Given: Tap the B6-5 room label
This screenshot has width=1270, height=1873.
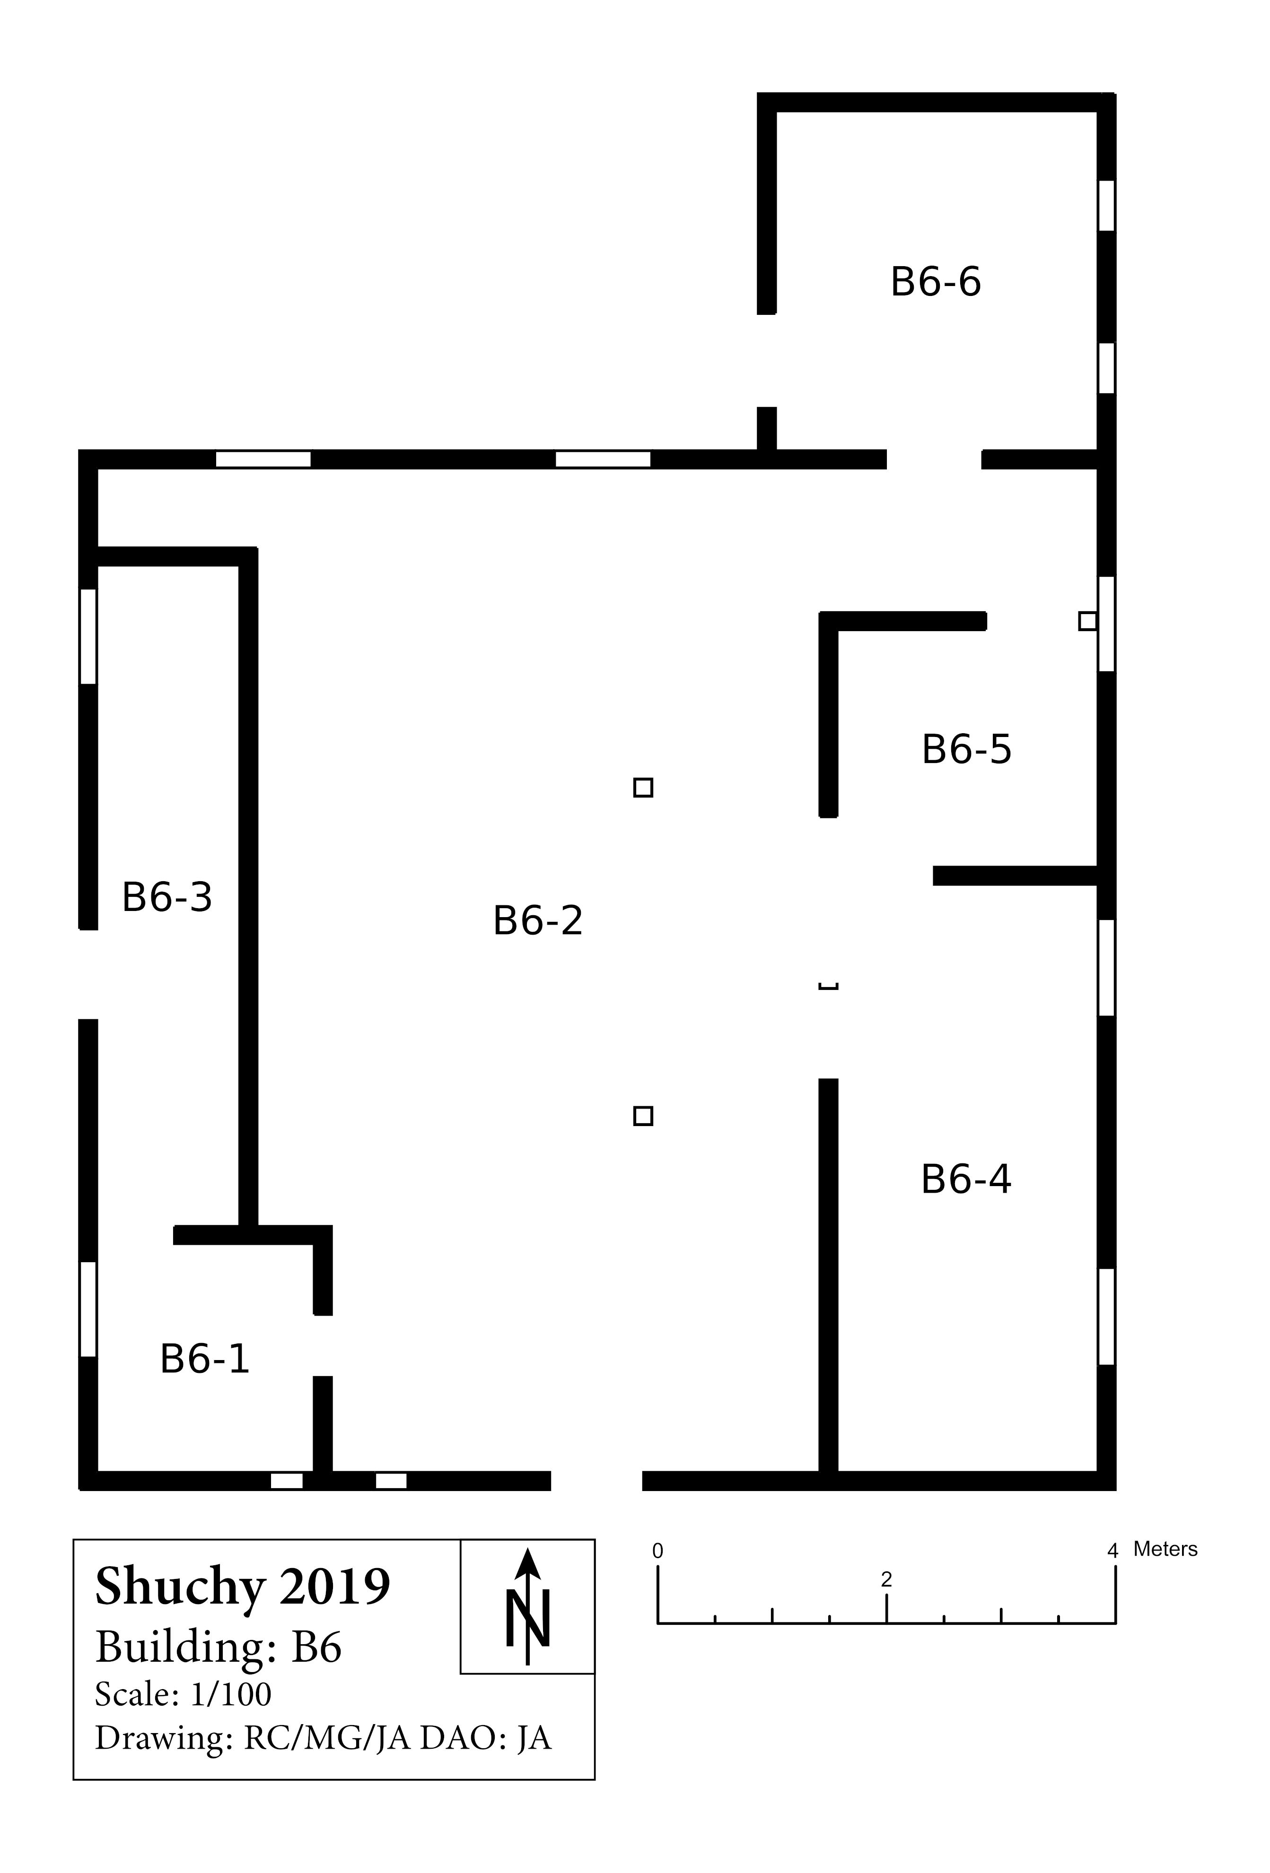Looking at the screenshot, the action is [966, 749].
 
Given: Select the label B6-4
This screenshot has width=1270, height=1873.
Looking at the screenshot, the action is [965, 1179].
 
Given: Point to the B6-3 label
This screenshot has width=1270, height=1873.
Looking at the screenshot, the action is [167, 897].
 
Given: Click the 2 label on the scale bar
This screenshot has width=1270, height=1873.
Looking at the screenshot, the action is [886, 1579].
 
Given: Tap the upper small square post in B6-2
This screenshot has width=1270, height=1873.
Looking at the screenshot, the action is [643, 788].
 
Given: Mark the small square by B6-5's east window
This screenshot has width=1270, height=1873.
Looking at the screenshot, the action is [1088, 621].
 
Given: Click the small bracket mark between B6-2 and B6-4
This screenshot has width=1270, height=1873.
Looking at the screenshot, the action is [828, 986].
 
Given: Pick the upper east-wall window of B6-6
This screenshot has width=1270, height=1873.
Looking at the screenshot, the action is [1106, 206].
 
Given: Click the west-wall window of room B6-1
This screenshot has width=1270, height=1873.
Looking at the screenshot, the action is [88, 1309].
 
